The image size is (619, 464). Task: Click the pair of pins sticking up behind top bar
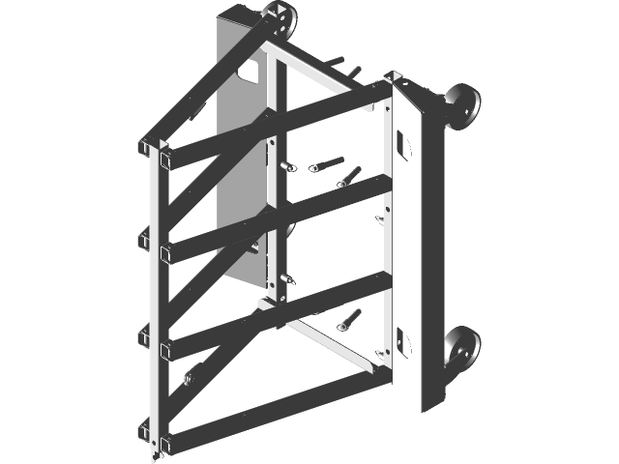click(x=348, y=68)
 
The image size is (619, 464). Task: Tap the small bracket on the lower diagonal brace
click(x=189, y=376)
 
